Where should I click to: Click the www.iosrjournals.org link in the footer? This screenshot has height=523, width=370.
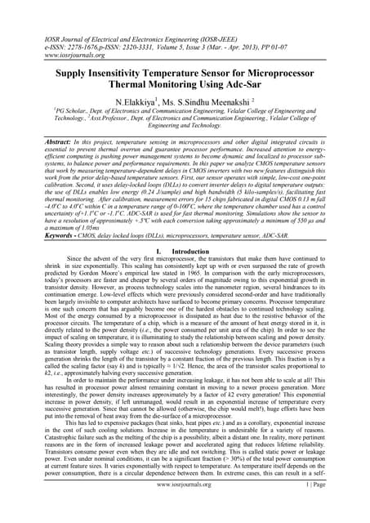point(184,507)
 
